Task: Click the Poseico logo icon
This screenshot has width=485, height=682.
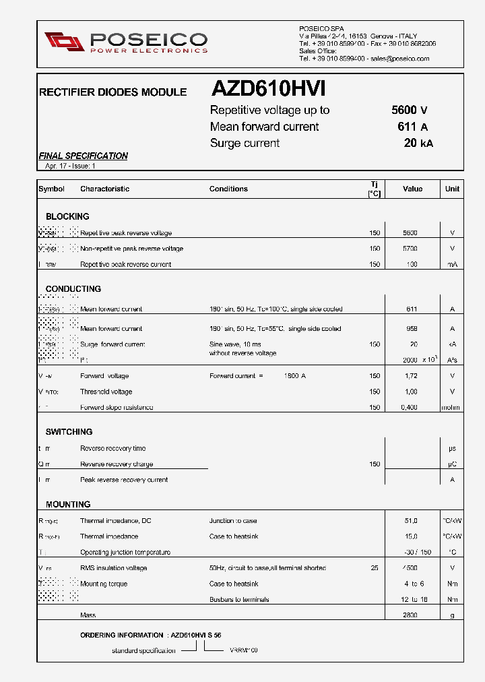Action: [65, 41]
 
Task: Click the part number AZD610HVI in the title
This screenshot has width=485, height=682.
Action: [268, 90]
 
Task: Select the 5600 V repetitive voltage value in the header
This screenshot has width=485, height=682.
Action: [409, 111]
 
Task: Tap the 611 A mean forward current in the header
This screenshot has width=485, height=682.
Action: [412, 127]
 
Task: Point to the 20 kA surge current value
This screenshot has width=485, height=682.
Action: [418, 143]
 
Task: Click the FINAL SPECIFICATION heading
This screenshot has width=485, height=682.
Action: [83, 156]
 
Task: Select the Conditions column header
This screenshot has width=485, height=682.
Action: [228, 189]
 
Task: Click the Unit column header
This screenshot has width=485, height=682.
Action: [452, 189]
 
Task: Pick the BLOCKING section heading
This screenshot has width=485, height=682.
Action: [67, 216]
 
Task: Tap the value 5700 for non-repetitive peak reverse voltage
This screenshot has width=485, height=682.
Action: [410, 249]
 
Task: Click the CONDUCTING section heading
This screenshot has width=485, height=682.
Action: [73, 288]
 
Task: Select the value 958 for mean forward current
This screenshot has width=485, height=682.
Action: [412, 329]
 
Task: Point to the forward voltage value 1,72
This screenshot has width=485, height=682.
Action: [411, 376]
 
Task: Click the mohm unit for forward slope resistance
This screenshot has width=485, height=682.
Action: [451, 408]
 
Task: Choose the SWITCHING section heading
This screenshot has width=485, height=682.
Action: [69, 431]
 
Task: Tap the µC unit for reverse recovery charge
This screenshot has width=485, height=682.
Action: [452, 464]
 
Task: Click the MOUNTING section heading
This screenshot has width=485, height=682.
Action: [68, 504]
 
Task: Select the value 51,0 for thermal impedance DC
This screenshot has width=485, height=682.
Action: [411, 521]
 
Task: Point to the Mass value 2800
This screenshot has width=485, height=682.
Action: [410, 615]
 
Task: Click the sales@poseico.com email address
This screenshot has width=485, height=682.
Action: [400, 59]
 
